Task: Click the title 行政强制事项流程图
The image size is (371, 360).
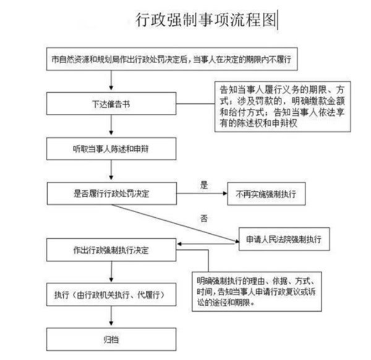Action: [x=206, y=20]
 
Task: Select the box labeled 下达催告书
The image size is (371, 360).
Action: [x=111, y=104]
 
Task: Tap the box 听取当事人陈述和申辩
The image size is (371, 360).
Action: [x=111, y=149]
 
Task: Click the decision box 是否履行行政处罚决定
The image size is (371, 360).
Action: [x=112, y=194]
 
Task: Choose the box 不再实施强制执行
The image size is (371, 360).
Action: [x=266, y=194]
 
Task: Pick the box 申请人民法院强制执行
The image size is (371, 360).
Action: [x=284, y=239]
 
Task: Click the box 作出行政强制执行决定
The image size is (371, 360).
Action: [x=111, y=250]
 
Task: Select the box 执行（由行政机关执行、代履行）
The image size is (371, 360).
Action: [x=111, y=294]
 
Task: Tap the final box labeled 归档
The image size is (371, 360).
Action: [x=111, y=340]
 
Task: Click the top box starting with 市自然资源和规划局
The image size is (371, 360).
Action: [x=172, y=59]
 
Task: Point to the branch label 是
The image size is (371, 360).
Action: [x=204, y=185]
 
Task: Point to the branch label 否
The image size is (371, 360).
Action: [x=204, y=218]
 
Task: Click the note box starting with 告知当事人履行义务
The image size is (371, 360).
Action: [x=283, y=106]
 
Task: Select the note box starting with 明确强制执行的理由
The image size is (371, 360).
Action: [x=257, y=291]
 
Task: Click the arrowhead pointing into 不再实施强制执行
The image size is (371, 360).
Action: [x=225, y=194]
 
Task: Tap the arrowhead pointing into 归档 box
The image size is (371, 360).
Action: [x=111, y=323]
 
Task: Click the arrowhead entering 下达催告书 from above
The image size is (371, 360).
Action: [x=111, y=88]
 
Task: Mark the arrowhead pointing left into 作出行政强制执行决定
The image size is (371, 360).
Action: [x=179, y=244]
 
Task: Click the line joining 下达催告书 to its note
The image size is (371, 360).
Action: [x=195, y=104]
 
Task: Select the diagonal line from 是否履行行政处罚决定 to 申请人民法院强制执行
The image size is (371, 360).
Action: [x=175, y=223]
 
